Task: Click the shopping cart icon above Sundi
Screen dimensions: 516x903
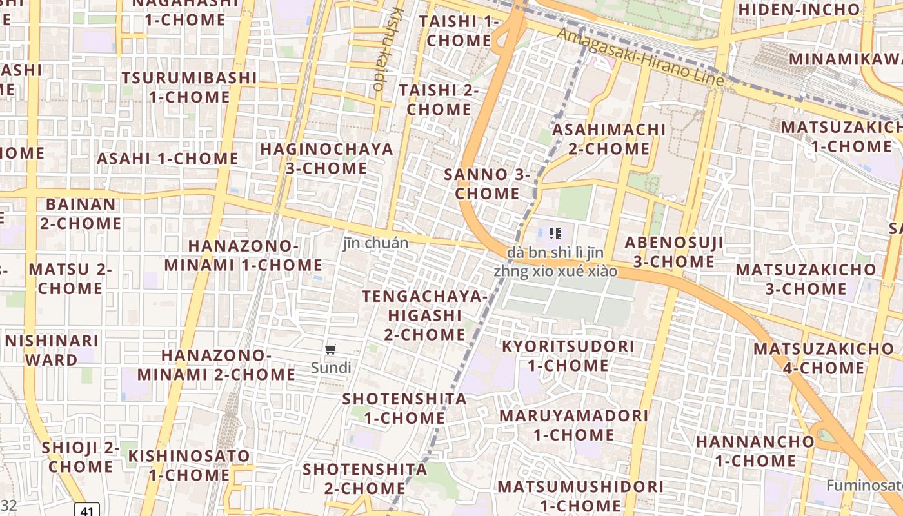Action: pyautogui.click(x=331, y=350)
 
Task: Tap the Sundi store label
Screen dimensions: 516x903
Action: pyautogui.click(x=331, y=368)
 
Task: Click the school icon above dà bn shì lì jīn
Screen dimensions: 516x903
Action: pyautogui.click(x=555, y=233)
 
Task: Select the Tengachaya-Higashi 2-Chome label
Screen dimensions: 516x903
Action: pyautogui.click(x=424, y=315)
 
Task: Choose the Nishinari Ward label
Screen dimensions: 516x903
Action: pyautogui.click(x=52, y=350)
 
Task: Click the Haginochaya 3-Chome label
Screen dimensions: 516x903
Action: pyautogui.click(x=326, y=159)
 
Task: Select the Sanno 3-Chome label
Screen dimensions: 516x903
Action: pyautogui.click(x=487, y=184)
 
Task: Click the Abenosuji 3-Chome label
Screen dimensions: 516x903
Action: pyautogui.click(x=673, y=252)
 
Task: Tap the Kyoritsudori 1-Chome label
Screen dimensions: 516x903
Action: pyautogui.click(x=568, y=355)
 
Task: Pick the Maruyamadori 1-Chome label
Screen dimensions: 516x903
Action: pyautogui.click(x=573, y=424)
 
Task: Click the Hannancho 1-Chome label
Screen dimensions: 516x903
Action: pyautogui.click(x=755, y=451)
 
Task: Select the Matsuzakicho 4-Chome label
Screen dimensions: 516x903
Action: pyautogui.click(x=824, y=358)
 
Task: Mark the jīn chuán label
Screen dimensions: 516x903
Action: pyautogui.click(x=375, y=243)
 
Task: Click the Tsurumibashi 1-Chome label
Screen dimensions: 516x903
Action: pyautogui.click(x=189, y=87)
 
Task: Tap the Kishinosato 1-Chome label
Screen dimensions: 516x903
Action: pyautogui.click(x=189, y=465)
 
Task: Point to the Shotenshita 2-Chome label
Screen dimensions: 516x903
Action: pyautogui.click(x=365, y=479)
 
